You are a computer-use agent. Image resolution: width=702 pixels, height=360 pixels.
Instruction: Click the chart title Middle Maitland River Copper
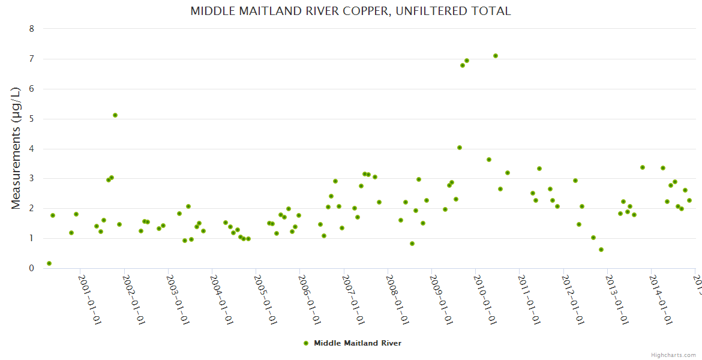[350, 11]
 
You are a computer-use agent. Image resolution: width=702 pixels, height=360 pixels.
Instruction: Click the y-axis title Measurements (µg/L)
[16, 148]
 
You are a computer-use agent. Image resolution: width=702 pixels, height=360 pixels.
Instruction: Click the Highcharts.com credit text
[673, 355]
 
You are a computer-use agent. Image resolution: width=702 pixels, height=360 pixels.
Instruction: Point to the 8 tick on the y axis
[31, 29]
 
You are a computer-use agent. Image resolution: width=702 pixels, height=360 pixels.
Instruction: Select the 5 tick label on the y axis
[31, 119]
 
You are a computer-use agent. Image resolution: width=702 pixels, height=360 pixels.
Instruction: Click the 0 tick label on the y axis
[31, 268]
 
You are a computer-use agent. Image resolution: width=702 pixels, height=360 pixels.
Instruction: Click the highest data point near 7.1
[496, 56]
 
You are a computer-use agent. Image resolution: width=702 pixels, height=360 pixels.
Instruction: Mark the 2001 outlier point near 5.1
[115, 115]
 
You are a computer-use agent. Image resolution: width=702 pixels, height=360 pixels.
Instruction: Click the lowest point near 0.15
[49, 263]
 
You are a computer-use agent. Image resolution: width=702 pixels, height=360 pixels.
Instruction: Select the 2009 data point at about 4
[460, 148]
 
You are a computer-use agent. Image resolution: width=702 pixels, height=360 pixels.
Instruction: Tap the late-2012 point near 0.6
[601, 250]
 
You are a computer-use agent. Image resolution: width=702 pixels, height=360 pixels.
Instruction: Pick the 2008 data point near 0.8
[412, 244]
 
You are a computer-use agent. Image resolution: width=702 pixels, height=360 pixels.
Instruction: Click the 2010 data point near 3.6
[489, 160]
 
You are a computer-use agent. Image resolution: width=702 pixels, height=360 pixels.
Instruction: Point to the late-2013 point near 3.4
[643, 167]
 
